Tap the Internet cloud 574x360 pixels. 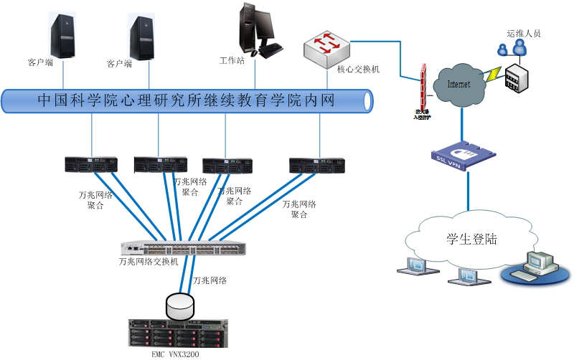tap(460, 85)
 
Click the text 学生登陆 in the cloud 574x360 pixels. tap(472, 239)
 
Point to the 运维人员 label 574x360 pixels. tap(523, 33)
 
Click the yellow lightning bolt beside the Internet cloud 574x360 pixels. tap(494, 72)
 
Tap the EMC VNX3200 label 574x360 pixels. tap(176, 354)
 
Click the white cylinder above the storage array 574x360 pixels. tap(180, 305)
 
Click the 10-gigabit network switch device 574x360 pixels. tap(184, 248)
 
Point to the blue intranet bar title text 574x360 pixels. tap(186, 100)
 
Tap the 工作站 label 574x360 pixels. tap(232, 60)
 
